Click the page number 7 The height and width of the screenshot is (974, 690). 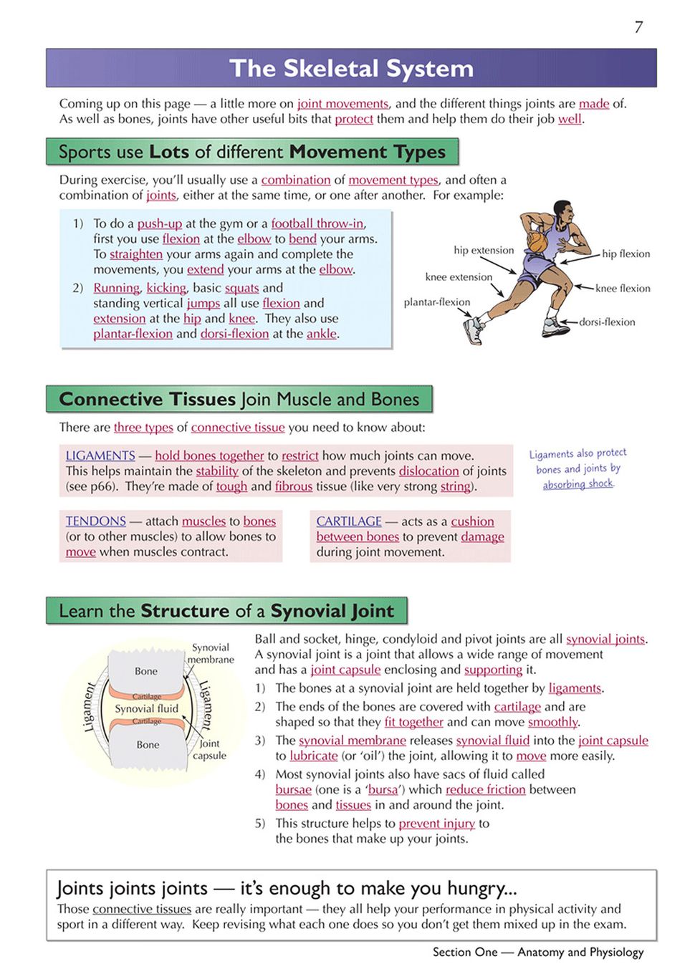click(638, 27)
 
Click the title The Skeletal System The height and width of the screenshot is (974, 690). click(351, 69)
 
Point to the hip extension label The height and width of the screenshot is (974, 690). click(484, 250)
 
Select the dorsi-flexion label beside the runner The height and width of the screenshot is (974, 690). click(607, 322)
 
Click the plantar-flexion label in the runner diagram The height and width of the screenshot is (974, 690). click(436, 302)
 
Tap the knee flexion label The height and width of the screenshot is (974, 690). click(623, 288)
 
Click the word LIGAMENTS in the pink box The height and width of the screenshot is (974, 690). click(100, 455)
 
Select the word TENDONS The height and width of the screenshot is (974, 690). click(95, 521)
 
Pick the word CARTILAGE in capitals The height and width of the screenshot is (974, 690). click(349, 521)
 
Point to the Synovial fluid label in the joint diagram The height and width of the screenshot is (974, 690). click(146, 708)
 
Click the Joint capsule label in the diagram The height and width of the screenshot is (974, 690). click(209, 749)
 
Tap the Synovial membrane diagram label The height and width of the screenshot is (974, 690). click(211, 653)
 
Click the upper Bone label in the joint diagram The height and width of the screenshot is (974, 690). click(146, 671)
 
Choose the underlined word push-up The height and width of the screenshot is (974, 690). click(160, 223)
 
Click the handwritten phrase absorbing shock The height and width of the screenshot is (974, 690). click(578, 484)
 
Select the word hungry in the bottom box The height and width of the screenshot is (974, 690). click(479, 888)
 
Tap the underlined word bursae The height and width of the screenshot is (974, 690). click(294, 789)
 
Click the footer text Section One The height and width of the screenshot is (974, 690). click(464, 952)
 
